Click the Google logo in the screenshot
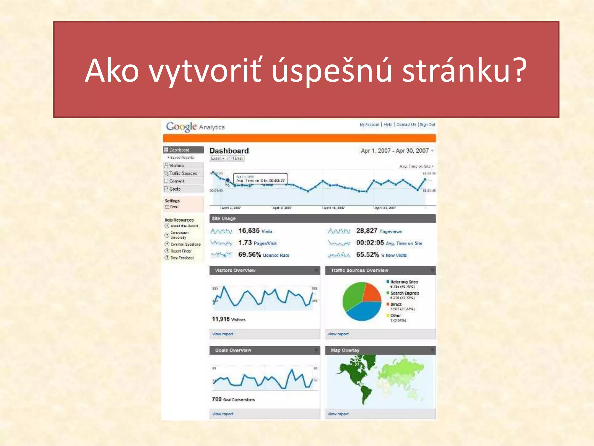(181, 127)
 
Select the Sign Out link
(427, 125)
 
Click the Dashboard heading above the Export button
(229, 151)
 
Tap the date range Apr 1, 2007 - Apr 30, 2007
(395, 151)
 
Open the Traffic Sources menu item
(183, 173)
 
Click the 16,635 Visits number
(249, 231)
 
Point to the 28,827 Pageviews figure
(367, 231)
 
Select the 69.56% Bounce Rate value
(249, 255)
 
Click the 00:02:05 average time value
(370, 243)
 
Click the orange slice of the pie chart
(372, 293)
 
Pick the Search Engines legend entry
(404, 293)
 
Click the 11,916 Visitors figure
(221, 319)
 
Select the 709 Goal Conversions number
(217, 399)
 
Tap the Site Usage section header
(224, 218)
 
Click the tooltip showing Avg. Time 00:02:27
(260, 179)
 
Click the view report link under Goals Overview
(223, 414)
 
